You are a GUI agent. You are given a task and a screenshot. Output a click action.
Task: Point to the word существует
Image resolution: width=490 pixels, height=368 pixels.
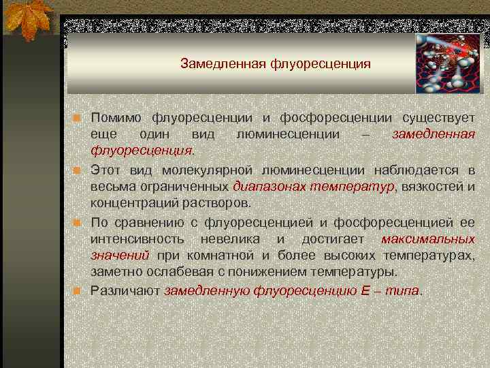439,119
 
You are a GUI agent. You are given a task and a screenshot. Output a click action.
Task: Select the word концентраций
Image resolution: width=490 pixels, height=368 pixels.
133,203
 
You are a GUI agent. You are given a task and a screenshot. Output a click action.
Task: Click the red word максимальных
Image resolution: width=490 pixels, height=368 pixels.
428,239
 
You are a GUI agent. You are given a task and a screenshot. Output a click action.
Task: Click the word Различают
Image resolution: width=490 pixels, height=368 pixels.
125,290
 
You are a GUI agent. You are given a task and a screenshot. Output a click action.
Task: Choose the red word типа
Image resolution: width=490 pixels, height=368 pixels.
404,290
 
